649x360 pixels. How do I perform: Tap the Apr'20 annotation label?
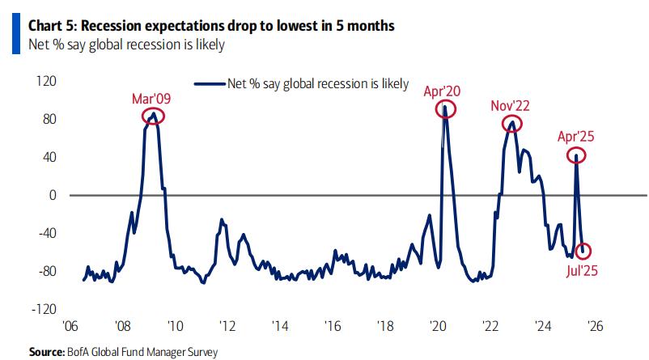click(443, 91)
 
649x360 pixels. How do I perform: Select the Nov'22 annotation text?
click(511, 106)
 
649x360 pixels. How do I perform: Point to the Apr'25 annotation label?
click(575, 136)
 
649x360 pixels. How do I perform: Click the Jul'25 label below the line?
click(582, 269)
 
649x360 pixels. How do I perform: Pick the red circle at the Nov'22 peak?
click(511, 124)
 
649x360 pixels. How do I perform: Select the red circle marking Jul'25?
click(583, 251)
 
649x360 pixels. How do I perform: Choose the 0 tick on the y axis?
click(52, 195)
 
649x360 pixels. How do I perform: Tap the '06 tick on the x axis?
click(71, 326)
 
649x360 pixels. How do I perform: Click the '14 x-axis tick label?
click(280, 326)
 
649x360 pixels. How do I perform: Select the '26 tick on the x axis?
click(595, 326)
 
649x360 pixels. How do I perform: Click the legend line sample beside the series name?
click(209, 83)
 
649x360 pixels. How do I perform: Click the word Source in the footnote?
click(46, 352)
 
